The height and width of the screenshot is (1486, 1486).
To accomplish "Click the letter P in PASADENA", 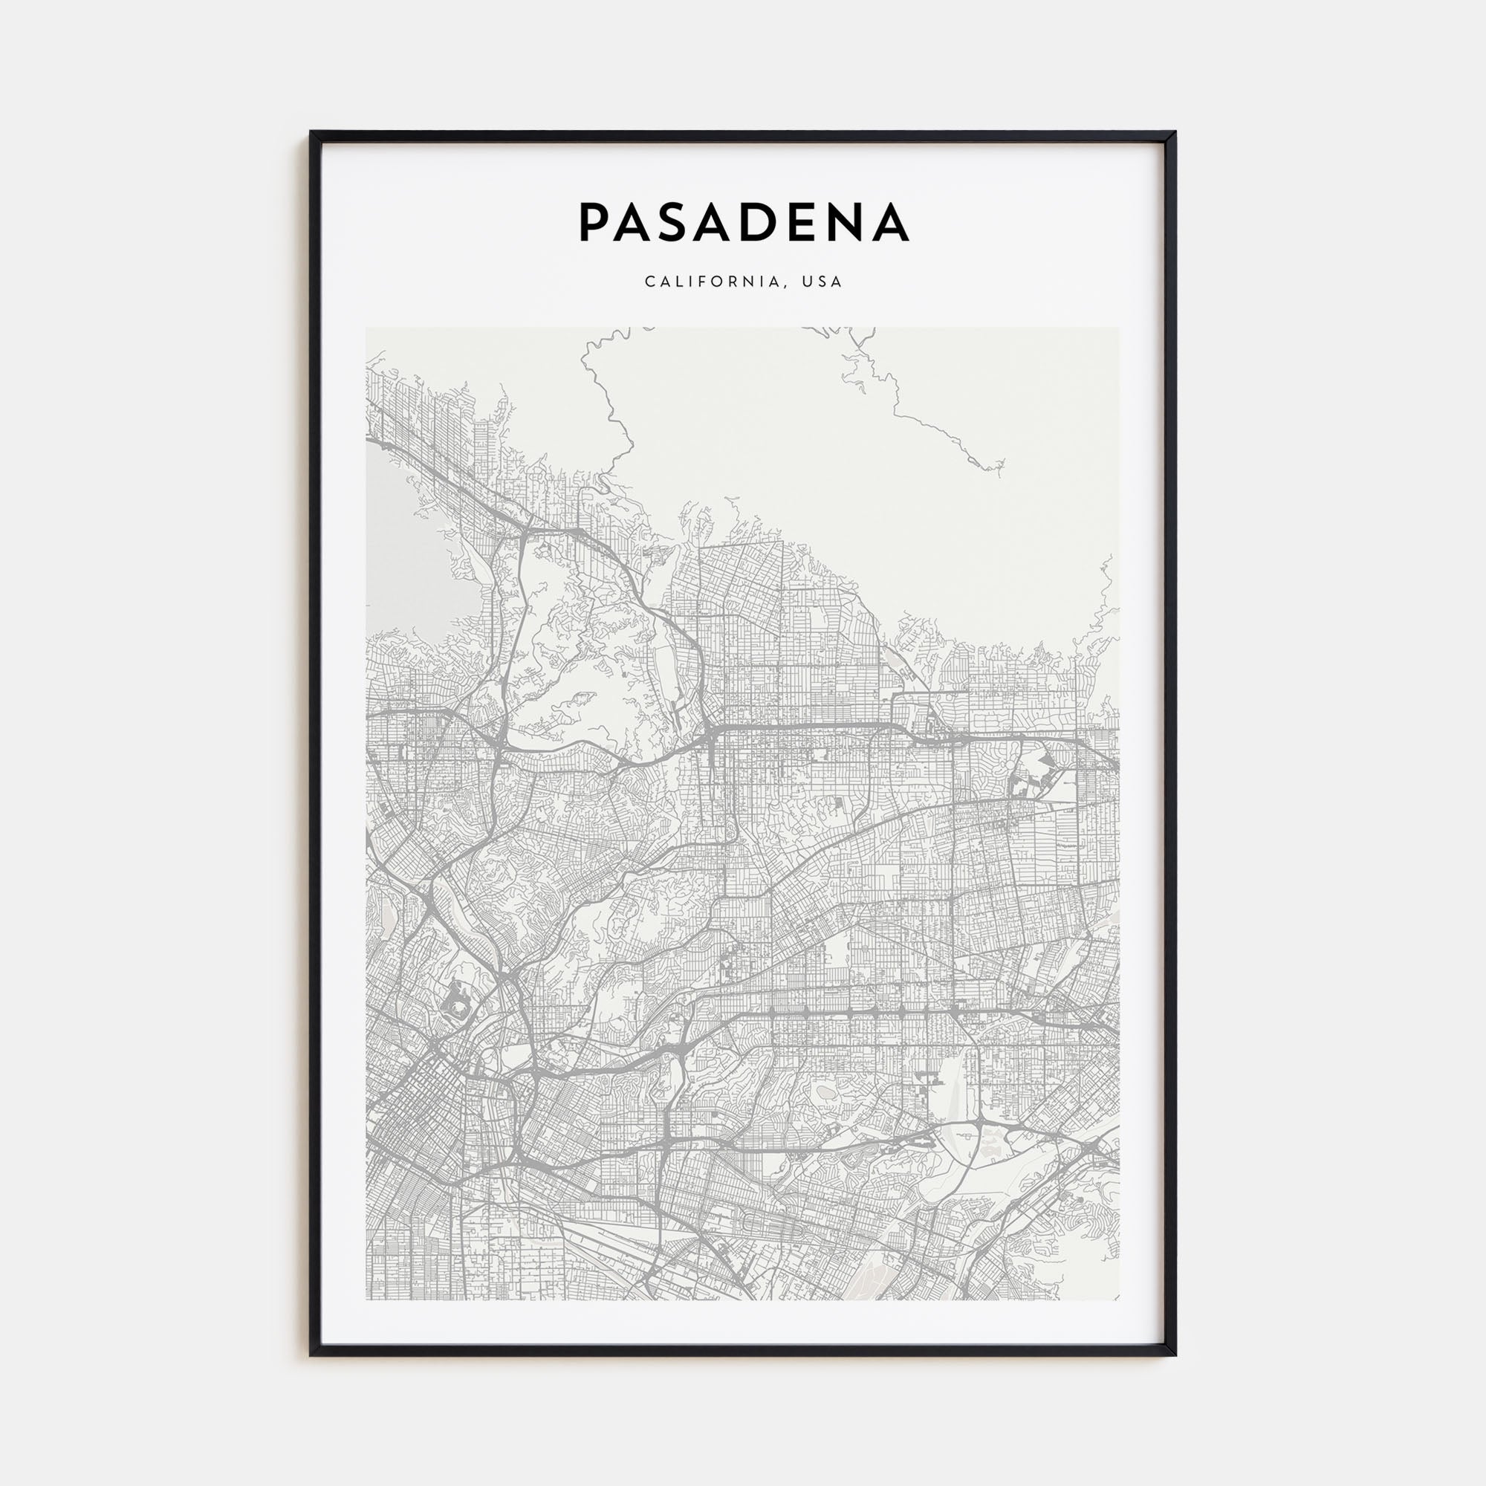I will point(594,221).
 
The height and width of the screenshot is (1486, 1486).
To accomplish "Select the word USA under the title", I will point(822,282).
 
